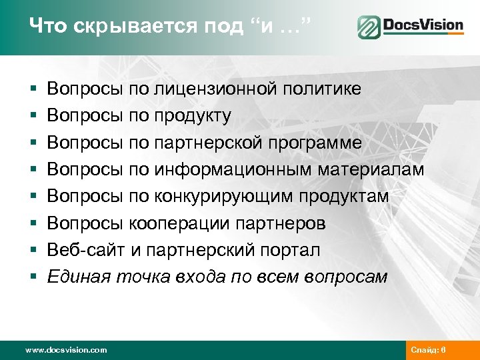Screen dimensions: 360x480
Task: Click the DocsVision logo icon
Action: (367, 27)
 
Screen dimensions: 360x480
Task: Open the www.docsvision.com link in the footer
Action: (65, 350)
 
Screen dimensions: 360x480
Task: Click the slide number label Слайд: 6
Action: (433, 350)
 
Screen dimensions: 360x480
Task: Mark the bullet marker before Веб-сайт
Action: (33, 251)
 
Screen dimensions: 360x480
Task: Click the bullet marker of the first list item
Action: (33, 90)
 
